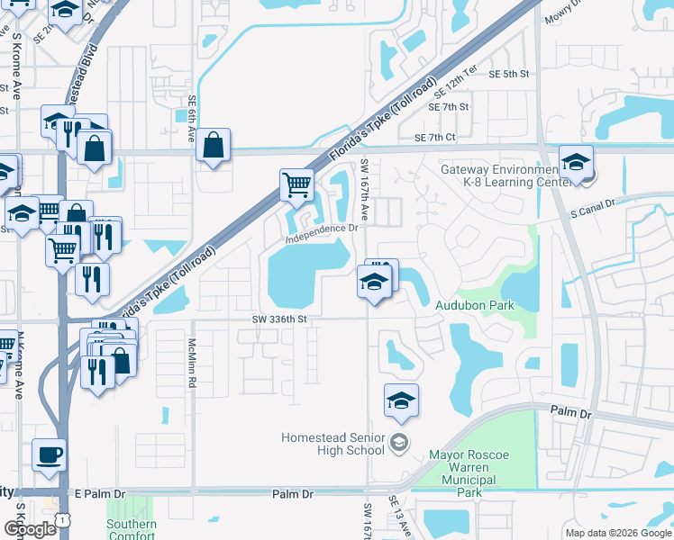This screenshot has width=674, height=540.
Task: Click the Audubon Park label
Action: point(474,305)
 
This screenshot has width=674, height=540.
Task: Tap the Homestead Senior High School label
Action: point(332,444)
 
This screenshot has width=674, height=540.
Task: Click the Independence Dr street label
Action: point(322,234)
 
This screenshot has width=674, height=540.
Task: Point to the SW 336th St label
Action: point(280,319)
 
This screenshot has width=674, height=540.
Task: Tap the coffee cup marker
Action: point(49,454)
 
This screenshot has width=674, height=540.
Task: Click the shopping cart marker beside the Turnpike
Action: point(296,185)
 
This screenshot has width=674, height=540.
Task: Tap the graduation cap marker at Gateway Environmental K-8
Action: point(575,163)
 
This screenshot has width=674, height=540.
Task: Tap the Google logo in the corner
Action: point(30,529)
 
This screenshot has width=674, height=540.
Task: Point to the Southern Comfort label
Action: point(132,530)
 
